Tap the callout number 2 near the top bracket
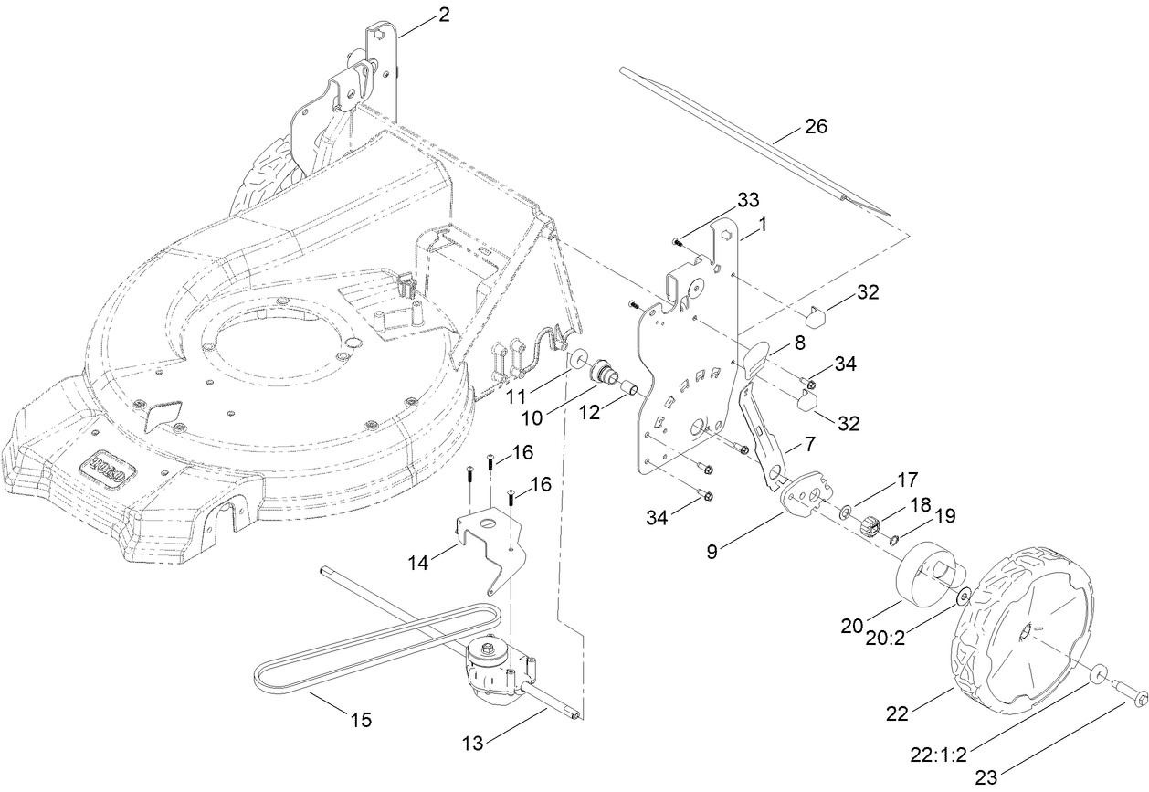click(444, 15)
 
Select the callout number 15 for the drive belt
click(361, 720)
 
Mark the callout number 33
click(747, 200)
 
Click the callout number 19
click(944, 516)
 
